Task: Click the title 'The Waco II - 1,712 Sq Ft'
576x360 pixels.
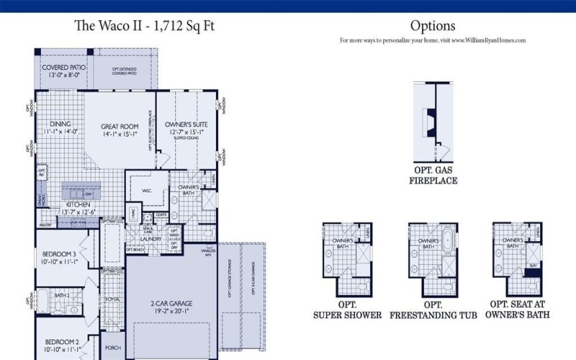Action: [x=144, y=27]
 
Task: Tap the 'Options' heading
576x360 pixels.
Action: [x=432, y=27]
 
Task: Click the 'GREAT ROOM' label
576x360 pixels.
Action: [x=119, y=127]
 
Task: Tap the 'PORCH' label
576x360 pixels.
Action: [x=114, y=347]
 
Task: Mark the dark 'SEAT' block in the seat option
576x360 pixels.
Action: [x=534, y=264]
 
